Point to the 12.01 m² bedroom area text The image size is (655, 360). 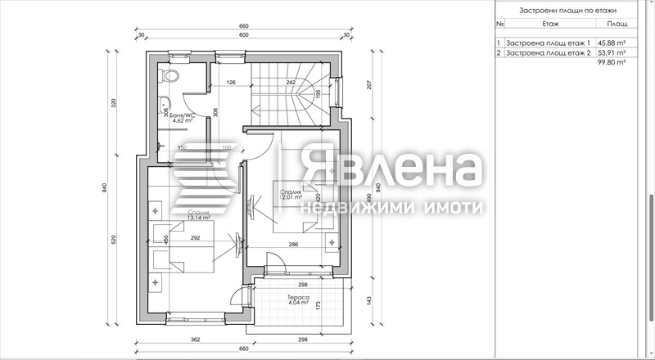pos(291,197)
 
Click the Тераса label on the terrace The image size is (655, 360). pos(298,296)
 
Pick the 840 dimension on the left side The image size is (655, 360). pos(106,187)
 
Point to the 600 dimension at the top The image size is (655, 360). pos(244,35)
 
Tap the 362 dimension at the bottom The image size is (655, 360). pos(196,338)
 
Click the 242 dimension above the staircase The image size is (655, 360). pos(291,83)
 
